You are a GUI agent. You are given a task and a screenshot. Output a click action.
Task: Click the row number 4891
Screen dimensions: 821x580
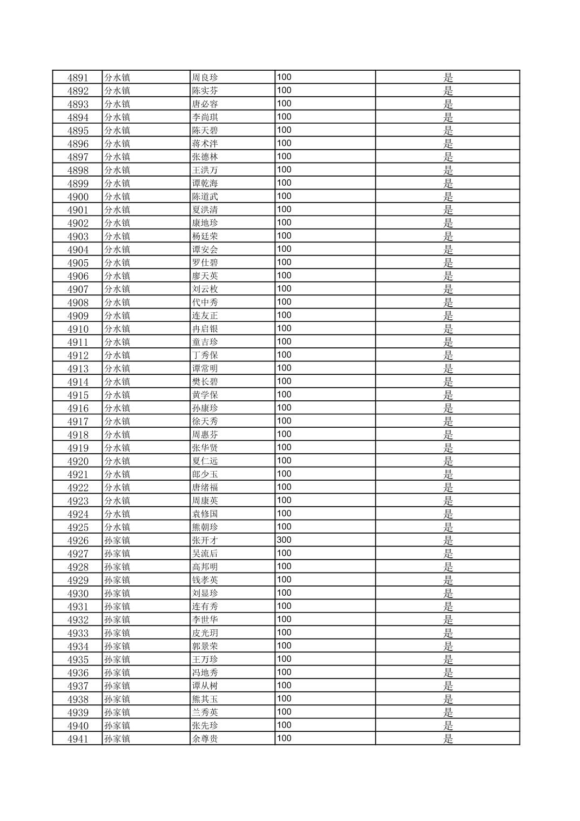pos(77,77)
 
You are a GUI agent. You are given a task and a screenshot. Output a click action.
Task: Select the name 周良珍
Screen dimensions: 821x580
pos(205,77)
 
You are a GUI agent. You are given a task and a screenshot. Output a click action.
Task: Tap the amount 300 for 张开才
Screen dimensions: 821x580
pos(284,540)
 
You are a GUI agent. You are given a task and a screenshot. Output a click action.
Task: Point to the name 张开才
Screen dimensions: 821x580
pos(205,540)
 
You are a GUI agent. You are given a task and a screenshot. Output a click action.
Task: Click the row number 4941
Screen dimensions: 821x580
pos(77,739)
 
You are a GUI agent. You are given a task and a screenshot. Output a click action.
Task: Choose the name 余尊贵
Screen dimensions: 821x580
pos(205,739)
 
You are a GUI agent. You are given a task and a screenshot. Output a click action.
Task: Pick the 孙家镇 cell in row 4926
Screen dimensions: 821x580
pos(117,540)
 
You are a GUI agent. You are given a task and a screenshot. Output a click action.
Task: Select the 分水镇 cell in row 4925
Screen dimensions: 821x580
pos(117,527)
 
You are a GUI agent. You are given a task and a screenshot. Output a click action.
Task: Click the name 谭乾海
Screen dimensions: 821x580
pos(205,183)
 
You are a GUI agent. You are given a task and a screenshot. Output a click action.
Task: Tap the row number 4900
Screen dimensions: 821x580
pos(77,197)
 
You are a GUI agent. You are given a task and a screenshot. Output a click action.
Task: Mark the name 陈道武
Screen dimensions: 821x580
pos(205,197)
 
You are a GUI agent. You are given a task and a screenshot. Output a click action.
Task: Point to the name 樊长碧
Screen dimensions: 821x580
pos(205,382)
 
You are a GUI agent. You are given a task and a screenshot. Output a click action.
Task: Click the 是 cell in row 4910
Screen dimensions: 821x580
pos(448,329)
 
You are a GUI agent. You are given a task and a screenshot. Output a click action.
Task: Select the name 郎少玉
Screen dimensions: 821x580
pos(205,474)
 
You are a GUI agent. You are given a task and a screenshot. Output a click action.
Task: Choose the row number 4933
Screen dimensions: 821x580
pos(77,633)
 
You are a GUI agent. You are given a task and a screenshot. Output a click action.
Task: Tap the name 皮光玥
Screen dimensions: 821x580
pos(205,633)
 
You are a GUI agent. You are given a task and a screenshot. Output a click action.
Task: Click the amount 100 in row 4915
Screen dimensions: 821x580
pos(284,394)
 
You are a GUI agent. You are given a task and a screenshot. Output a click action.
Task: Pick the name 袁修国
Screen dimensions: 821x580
pos(205,514)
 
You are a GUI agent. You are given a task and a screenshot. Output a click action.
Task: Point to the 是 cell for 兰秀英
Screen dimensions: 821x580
pos(448,712)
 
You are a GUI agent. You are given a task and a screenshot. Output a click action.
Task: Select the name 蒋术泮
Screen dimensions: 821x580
pos(205,144)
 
